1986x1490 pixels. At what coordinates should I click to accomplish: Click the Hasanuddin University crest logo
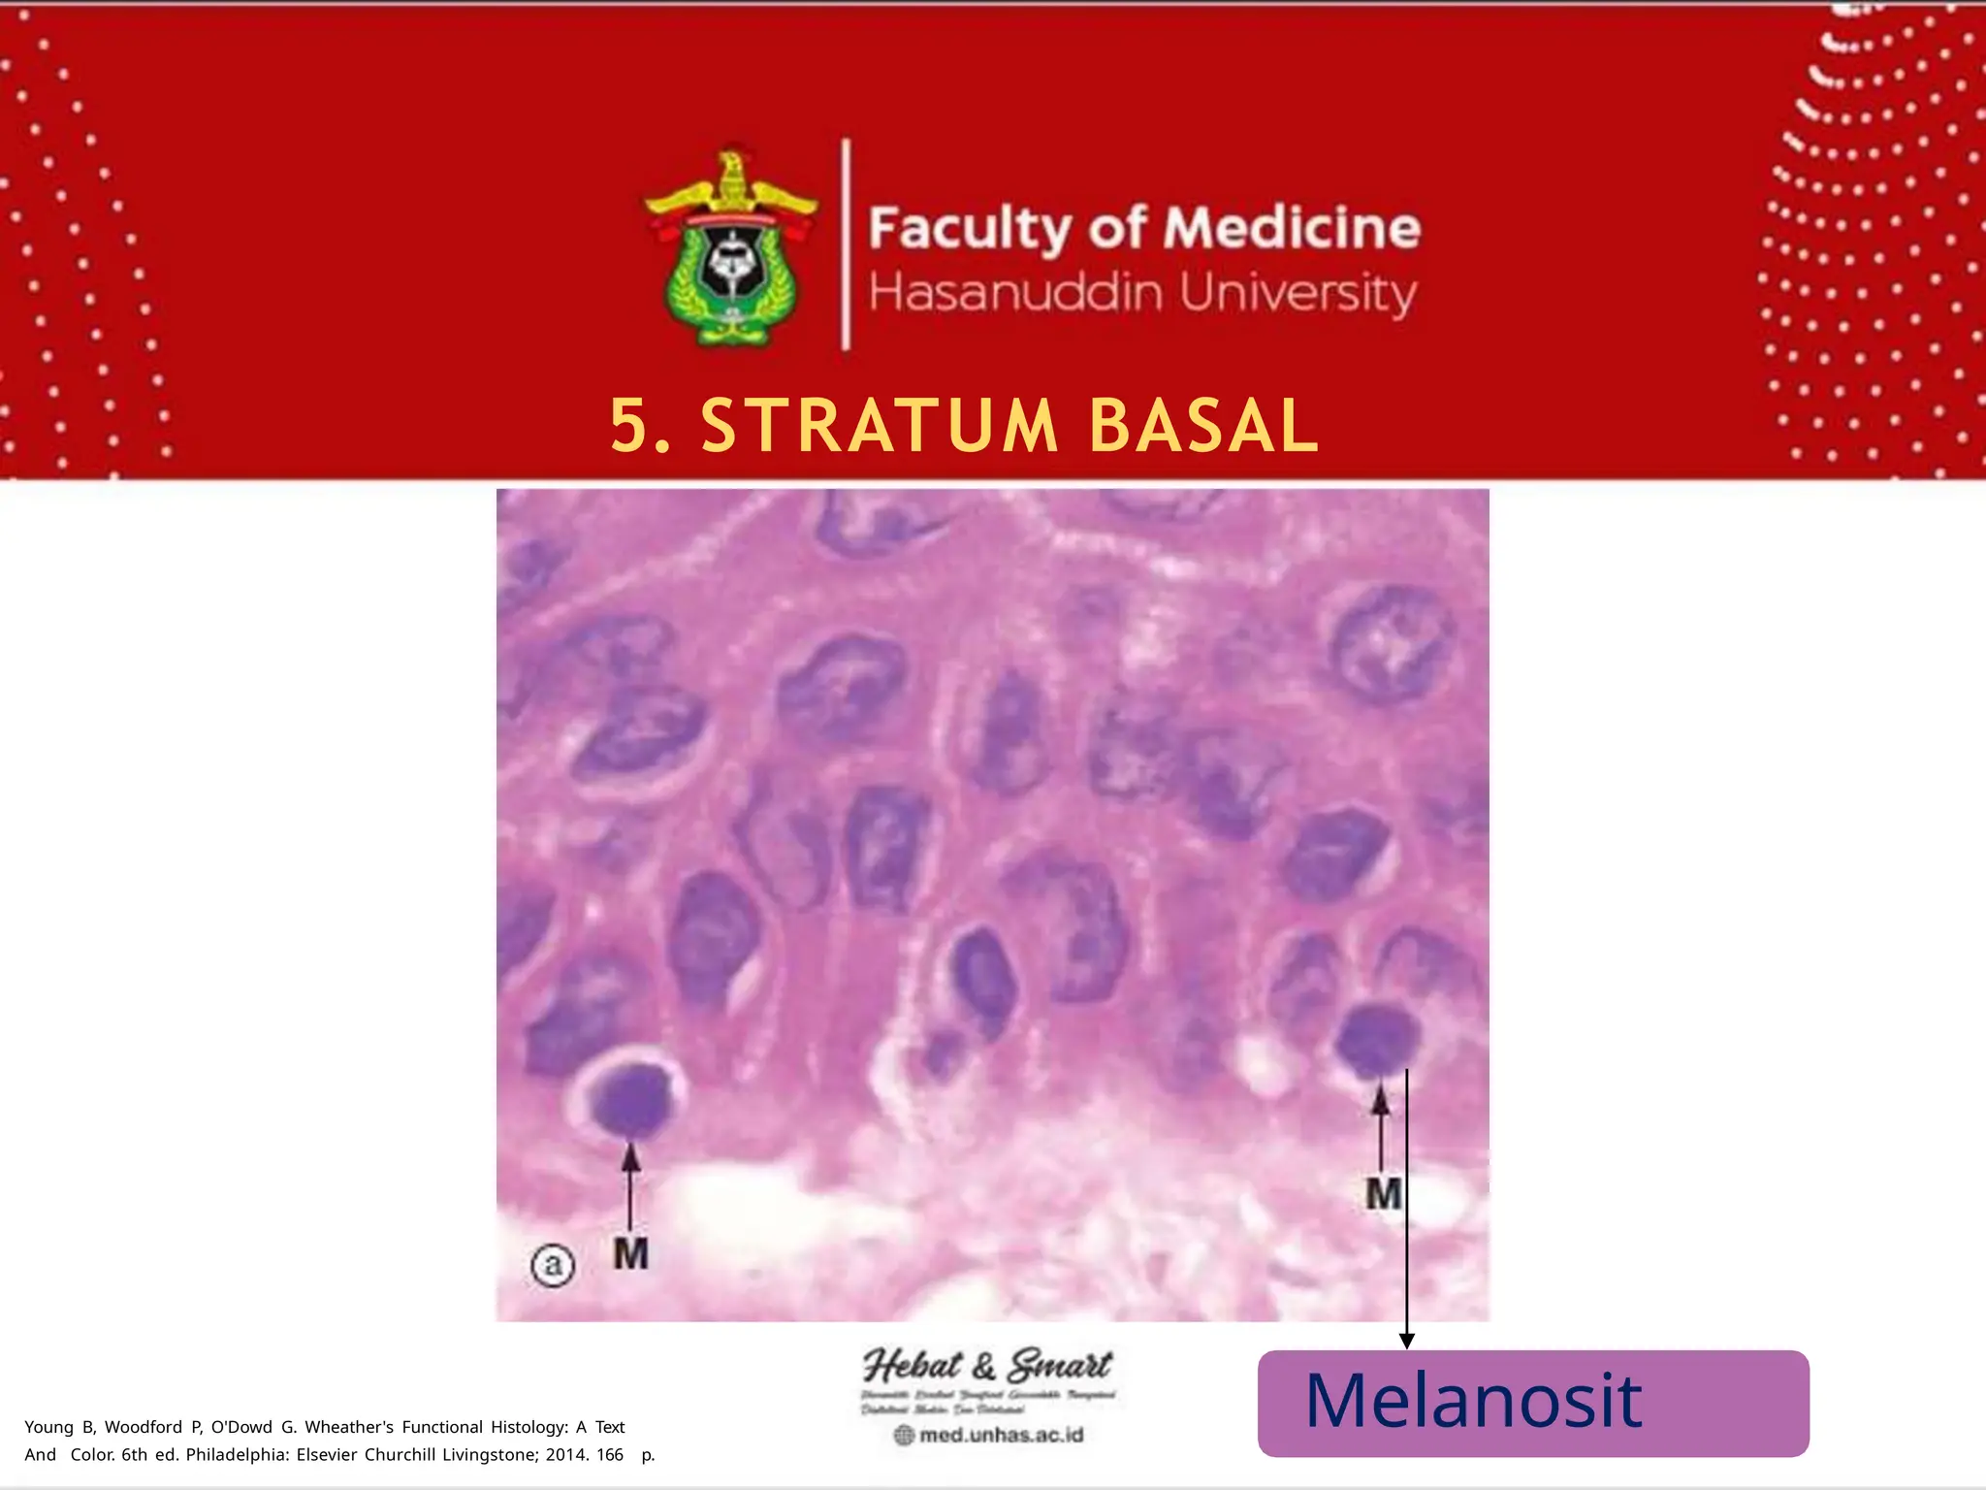[x=731, y=248]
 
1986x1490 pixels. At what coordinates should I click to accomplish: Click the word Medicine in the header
[x=1292, y=228]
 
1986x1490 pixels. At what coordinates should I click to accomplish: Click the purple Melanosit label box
[x=1532, y=1403]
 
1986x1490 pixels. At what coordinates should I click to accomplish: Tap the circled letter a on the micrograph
[x=553, y=1265]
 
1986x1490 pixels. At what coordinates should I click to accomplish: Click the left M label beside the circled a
[x=630, y=1254]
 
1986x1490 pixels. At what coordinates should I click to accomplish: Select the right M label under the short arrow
[x=1384, y=1194]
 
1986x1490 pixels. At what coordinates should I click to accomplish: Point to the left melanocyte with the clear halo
[x=631, y=1100]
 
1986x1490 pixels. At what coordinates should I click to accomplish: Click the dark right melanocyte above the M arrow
[x=1377, y=1041]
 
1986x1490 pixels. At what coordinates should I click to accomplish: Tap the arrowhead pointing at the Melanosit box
[x=1406, y=1341]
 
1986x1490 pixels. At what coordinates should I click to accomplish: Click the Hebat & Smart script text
[x=987, y=1366]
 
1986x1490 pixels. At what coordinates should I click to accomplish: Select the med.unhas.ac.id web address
[x=1000, y=1435]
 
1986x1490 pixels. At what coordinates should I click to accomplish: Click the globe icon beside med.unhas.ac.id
[x=904, y=1435]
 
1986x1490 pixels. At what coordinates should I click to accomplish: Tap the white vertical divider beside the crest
[x=847, y=244]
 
